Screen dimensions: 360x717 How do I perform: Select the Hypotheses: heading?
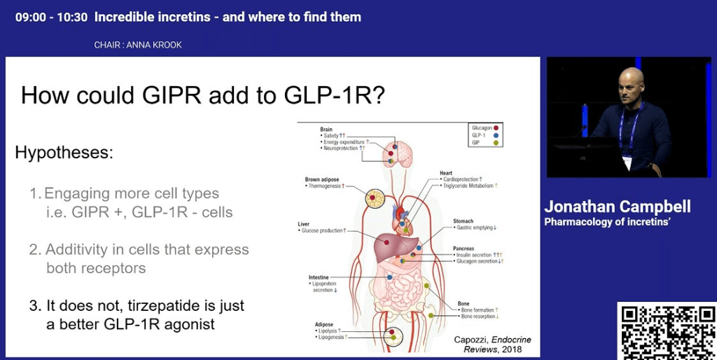coord(64,152)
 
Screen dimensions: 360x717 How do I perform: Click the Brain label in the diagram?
coord(326,129)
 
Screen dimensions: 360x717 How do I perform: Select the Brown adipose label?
coord(321,179)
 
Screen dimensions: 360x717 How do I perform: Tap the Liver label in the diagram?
coord(303,224)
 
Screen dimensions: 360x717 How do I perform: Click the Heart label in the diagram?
coord(446,172)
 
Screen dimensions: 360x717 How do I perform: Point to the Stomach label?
coord(463,221)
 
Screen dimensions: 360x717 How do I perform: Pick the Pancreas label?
coord(464,248)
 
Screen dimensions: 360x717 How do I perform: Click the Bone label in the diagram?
coord(464,303)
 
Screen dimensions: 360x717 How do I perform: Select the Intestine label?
coord(319,277)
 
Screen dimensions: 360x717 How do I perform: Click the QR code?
coord(666,331)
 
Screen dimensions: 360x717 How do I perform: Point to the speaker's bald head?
coord(632,78)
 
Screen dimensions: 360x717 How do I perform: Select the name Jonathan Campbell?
coord(618,206)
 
